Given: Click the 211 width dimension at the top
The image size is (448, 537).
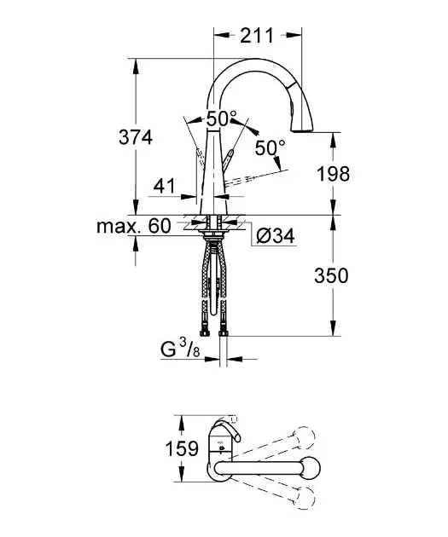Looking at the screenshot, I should click(x=257, y=35).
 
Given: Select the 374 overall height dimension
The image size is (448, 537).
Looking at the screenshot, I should click(x=136, y=136).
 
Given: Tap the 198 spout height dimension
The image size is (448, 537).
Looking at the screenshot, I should click(x=333, y=175).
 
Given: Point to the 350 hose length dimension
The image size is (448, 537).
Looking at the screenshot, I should click(x=333, y=275).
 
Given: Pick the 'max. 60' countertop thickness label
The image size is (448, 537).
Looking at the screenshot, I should click(x=133, y=226).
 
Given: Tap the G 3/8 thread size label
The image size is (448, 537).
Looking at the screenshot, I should click(x=182, y=349).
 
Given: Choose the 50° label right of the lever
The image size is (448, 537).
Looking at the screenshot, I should click(x=271, y=147).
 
